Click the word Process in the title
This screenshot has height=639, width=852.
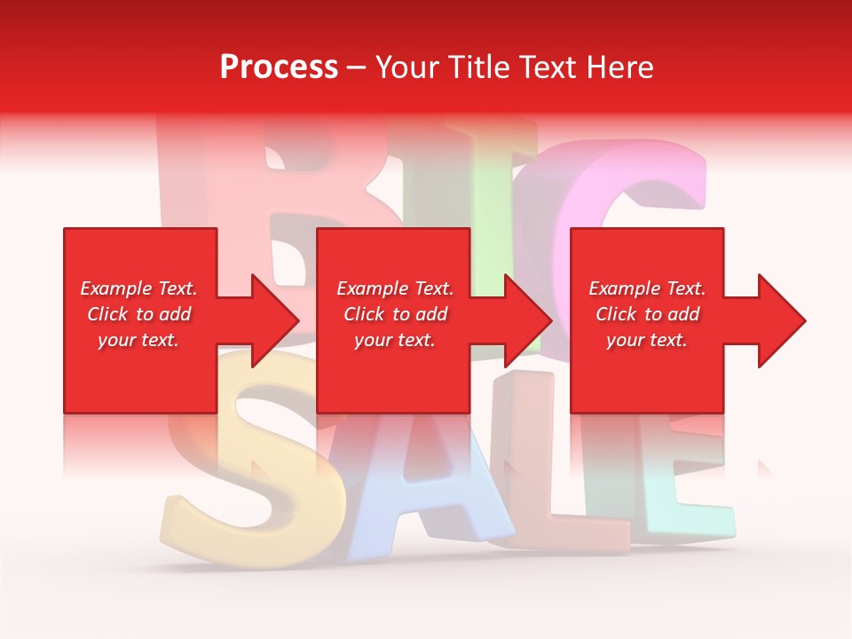(x=279, y=67)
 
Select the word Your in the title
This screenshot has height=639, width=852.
(x=406, y=67)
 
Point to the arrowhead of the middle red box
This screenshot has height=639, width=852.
(x=526, y=320)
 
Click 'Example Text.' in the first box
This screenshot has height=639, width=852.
(x=138, y=288)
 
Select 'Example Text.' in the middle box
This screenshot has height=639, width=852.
(x=395, y=288)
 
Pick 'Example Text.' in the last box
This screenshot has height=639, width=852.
(x=647, y=288)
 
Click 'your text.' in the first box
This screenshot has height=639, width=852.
(x=138, y=340)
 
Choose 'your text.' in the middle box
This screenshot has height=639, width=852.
(x=395, y=340)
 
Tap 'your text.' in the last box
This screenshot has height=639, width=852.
(x=647, y=340)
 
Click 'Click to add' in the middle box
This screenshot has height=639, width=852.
(x=395, y=314)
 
